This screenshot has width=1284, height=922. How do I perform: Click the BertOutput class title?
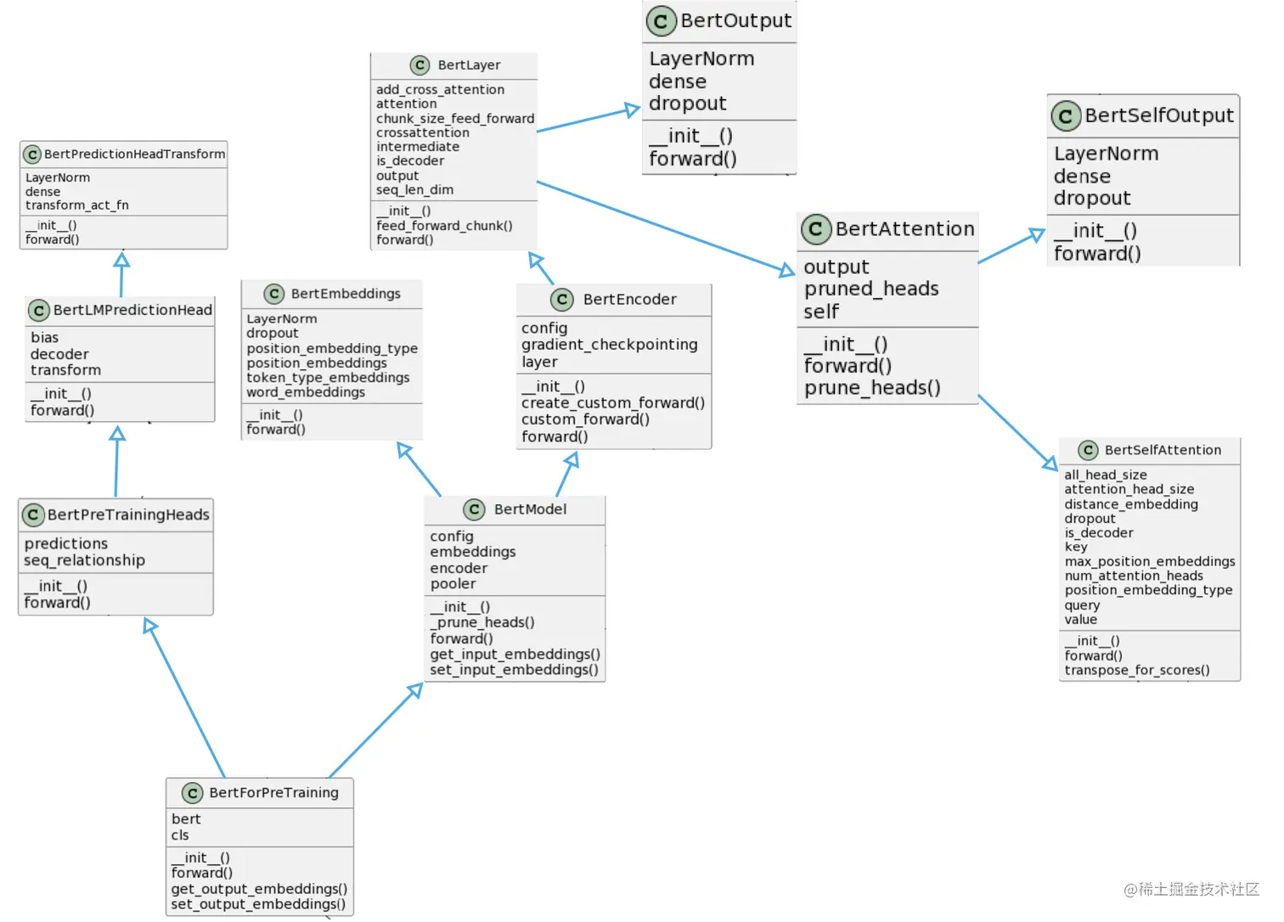pyautogui.click(x=735, y=20)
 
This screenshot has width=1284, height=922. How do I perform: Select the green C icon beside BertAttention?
pyautogui.click(x=815, y=228)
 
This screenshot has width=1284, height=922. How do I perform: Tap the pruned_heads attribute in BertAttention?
pyautogui.click(x=871, y=289)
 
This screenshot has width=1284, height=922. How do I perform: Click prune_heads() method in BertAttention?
pyautogui.click(x=872, y=388)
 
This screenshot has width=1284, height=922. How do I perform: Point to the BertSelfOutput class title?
pyautogui.click(x=1158, y=115)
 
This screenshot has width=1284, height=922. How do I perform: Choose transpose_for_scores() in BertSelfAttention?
pyautogui.click(x=1137, y=670)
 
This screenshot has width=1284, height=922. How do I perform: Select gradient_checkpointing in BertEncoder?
pyautogui.click(x=609, y=345)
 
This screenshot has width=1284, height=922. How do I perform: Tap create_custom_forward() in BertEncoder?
pyautogui.click(x=612, y=403)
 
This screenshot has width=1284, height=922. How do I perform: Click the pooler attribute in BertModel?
pyautogui.click(x=453, y=584)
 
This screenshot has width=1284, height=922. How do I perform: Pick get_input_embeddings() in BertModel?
pyautogui.click(x=515, y=655)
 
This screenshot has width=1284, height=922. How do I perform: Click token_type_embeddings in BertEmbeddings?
pyautogui.click(x=328, y=378)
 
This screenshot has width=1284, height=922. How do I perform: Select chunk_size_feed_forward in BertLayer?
pyautogui.click(x=455, y=119)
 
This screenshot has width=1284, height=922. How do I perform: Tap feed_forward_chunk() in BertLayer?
pyautogui.click(x=444, y=226)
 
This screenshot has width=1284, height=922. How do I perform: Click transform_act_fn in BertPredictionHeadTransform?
pyautogui.click(x=77, y=205)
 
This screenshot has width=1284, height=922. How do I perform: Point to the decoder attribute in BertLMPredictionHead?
pyautogui.click(x=59, y=354)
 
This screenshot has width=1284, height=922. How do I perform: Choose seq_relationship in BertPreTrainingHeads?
pyautogui.click(x=84, y=560)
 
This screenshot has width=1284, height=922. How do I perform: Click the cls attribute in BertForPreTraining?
pyautogui.click(x=180, y=835)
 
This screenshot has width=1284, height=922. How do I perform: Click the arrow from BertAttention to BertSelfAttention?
pyautogui.click(x=1017, y=432)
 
